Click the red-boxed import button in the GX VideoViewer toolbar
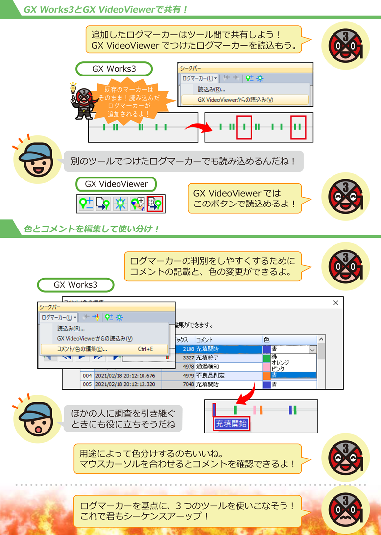(155, 203)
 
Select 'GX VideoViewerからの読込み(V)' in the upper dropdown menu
(235, 100)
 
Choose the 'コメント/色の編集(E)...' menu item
(82, 349)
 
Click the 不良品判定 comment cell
(211, 376)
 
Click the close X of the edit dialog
(335, 303)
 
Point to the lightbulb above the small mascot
(73, 89)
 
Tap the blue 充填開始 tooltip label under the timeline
(232, 424)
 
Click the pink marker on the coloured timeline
(255, 410)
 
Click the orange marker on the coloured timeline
(262, 410)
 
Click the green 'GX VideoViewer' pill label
(117, 184)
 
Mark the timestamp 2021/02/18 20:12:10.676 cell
(125, 376)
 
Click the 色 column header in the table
(267, 339)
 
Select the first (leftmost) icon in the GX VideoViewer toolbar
(87, 203)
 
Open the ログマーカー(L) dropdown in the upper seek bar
(199, 78)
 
